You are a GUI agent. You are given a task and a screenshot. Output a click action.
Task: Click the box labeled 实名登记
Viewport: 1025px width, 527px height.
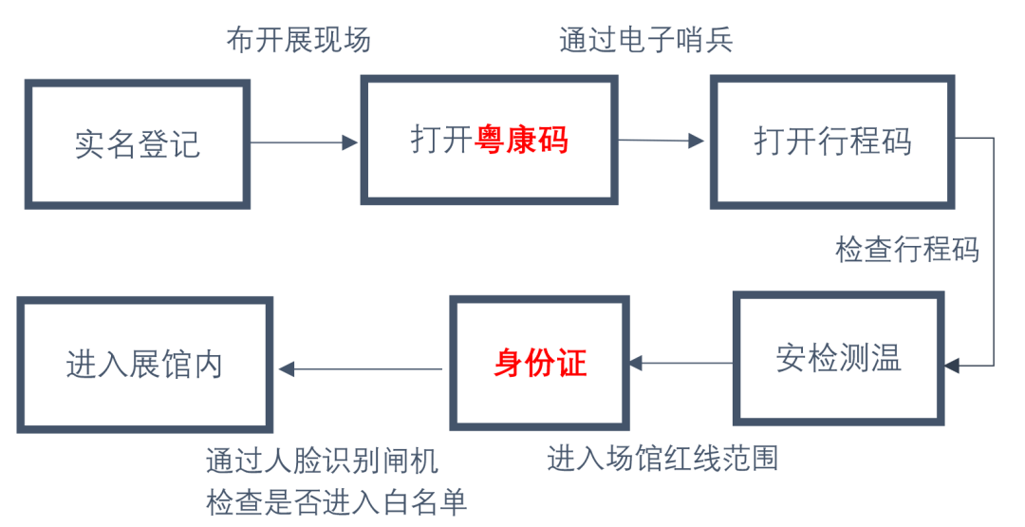138,143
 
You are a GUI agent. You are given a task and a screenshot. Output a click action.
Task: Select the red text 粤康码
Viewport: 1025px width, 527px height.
521,141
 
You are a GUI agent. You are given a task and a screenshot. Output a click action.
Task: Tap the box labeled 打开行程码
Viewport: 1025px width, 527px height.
832,141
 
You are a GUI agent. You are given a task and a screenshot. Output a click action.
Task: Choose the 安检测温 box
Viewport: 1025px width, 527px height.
837,358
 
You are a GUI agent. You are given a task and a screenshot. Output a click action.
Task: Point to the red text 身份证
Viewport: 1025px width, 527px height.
540,363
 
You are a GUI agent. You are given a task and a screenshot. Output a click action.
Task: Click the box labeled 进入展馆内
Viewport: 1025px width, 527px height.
144,365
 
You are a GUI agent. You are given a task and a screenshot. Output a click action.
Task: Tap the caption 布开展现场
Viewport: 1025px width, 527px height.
298,41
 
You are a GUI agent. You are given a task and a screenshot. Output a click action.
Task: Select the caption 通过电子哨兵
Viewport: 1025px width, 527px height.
646,41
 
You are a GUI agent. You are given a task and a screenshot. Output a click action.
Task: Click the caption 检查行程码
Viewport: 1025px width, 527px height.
906,250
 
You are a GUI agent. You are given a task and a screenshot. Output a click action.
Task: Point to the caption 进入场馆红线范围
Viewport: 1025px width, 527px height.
662,459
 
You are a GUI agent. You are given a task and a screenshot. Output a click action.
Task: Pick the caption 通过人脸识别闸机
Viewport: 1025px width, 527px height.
322,461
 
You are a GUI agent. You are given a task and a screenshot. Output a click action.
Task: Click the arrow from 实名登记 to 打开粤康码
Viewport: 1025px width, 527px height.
304,142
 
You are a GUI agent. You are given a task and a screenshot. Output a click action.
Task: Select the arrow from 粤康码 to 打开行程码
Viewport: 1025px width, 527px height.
662,141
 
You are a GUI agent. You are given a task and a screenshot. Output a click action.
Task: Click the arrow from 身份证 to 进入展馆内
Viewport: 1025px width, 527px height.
361,368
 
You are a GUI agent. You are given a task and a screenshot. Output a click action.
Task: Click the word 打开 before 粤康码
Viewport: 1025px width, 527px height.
441,141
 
